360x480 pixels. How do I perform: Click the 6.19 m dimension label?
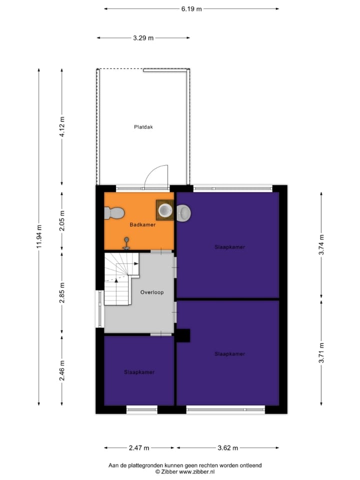click(x=191, y=8)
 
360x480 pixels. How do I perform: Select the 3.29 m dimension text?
click(x=143, y=37)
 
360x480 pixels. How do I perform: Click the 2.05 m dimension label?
click(x=62, y=221)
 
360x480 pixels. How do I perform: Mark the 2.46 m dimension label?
click(x=62, y=370)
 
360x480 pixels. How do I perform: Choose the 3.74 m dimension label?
click(x=321, y=244)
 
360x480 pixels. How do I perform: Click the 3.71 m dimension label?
click(x=321, y=352)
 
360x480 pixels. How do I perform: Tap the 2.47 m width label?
click(x=139, y=448)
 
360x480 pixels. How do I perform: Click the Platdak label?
click(x=143, y=127)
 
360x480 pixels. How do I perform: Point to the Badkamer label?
click(x=142, y=225)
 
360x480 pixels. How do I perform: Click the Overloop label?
click(x=152, y=292)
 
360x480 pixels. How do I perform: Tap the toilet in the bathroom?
click(x=114, y=213)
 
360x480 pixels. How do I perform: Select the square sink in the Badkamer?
click(x=164, y=210)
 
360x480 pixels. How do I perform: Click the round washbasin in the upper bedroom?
click(x=184, y=213)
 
